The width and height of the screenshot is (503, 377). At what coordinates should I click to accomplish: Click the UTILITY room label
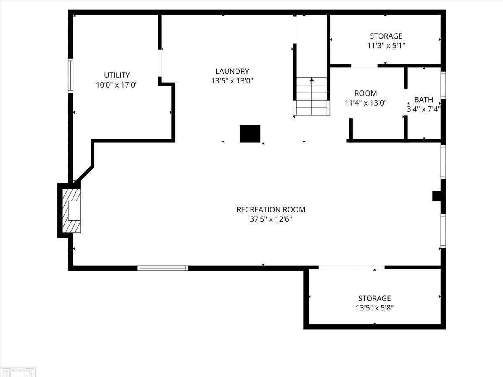coord(117,75)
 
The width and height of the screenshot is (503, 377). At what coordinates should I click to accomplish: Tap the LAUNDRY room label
coord(232,71)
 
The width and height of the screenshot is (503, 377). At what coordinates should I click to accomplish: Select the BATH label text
coord(423,100)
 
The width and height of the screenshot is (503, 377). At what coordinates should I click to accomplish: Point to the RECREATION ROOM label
coord(271,209)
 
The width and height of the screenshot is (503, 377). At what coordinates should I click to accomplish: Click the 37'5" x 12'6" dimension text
coord(271,219)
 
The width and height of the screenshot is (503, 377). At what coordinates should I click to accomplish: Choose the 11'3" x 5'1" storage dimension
coord(386,45)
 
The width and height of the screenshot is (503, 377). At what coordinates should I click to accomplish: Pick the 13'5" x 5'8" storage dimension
coord(374,308)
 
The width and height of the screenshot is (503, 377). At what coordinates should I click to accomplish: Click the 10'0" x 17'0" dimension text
coord(117,85)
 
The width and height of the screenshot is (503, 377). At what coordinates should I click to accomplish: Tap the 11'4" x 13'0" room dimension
coord(366,102)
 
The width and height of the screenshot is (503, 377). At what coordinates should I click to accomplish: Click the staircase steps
coord(311,101)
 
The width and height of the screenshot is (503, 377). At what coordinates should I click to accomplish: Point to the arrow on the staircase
coord(311,80)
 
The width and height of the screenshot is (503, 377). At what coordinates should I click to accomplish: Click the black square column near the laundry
coord(250,134)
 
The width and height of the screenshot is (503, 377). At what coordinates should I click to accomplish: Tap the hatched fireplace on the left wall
coord(71,211)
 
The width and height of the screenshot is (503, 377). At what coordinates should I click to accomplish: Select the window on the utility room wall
coord(71,75)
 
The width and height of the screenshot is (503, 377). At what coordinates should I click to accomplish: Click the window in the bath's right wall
coord(443,85)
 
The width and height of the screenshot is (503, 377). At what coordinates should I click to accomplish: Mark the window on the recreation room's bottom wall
coord(163,268)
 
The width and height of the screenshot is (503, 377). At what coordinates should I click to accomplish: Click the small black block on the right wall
coord(437,196)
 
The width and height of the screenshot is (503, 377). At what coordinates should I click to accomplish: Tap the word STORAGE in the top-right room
coord(386,36)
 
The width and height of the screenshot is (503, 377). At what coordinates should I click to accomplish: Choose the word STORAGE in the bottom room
coord(374,298)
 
